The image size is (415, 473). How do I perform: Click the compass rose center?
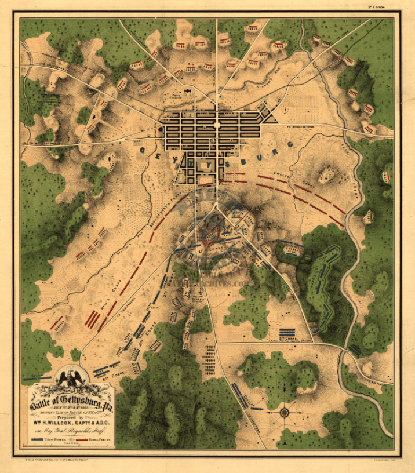285,413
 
